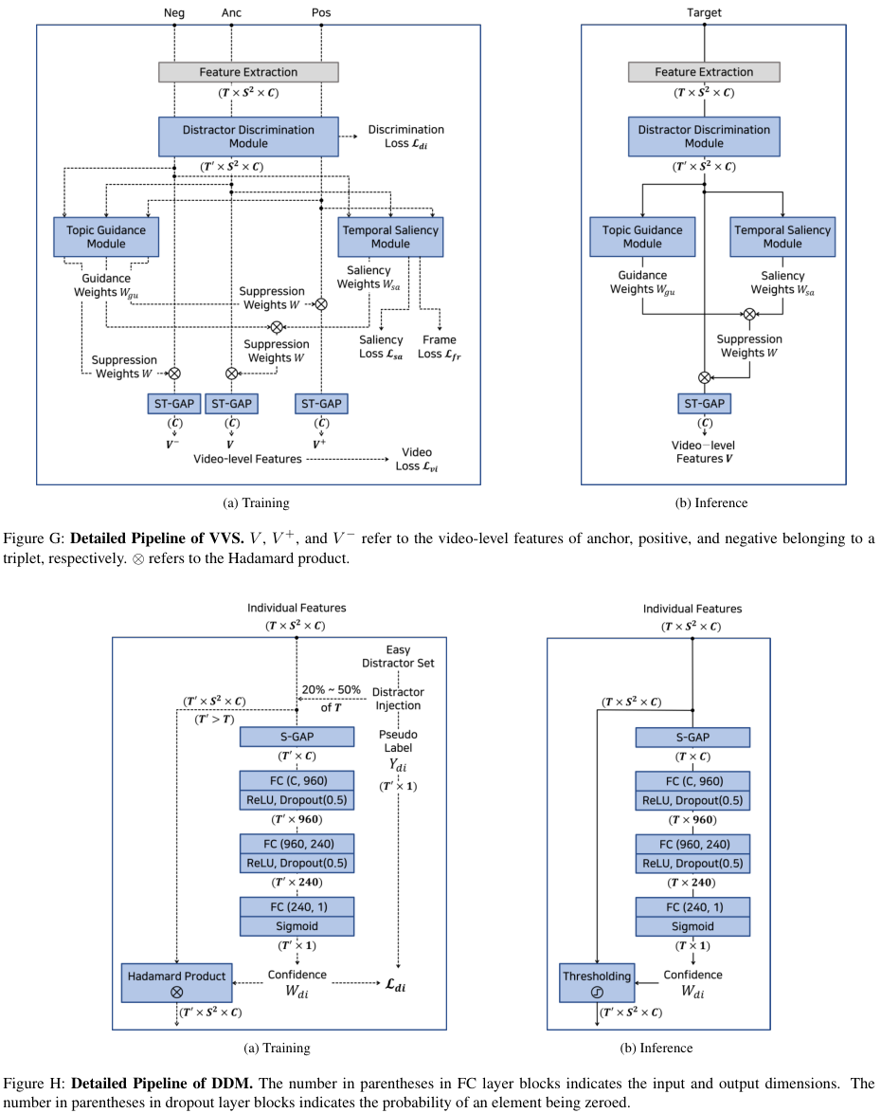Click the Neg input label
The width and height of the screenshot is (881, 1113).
(x=174, y=12)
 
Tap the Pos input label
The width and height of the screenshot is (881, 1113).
(x=321, y=12)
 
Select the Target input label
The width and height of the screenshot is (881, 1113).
(x=703, y=12)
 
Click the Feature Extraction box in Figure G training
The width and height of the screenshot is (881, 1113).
(x=248, y=72)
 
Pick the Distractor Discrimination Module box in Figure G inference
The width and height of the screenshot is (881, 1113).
(x=704, y=137)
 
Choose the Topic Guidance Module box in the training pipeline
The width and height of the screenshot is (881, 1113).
(x=106, y=236)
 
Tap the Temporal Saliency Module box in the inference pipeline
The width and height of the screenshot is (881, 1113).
(x=782, y=236)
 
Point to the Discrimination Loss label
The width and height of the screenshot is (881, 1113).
(x=405, y=137)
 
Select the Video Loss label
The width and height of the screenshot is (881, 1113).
(x=418, y=459)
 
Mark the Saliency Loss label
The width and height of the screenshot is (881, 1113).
(x=381, y=346)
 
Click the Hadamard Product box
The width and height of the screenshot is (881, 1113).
(x=177, y=982)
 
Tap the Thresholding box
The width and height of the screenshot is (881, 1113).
(x=597, y=982)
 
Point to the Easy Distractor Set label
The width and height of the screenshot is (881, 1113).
(x=398, y=656)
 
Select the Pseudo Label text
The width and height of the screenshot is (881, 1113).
(x=398, y=741)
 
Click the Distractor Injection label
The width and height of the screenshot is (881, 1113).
(x=398, y=699)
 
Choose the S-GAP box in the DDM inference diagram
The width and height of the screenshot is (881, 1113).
(x=692, y=737)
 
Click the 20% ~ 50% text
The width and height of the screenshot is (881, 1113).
(x=330, y=689)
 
